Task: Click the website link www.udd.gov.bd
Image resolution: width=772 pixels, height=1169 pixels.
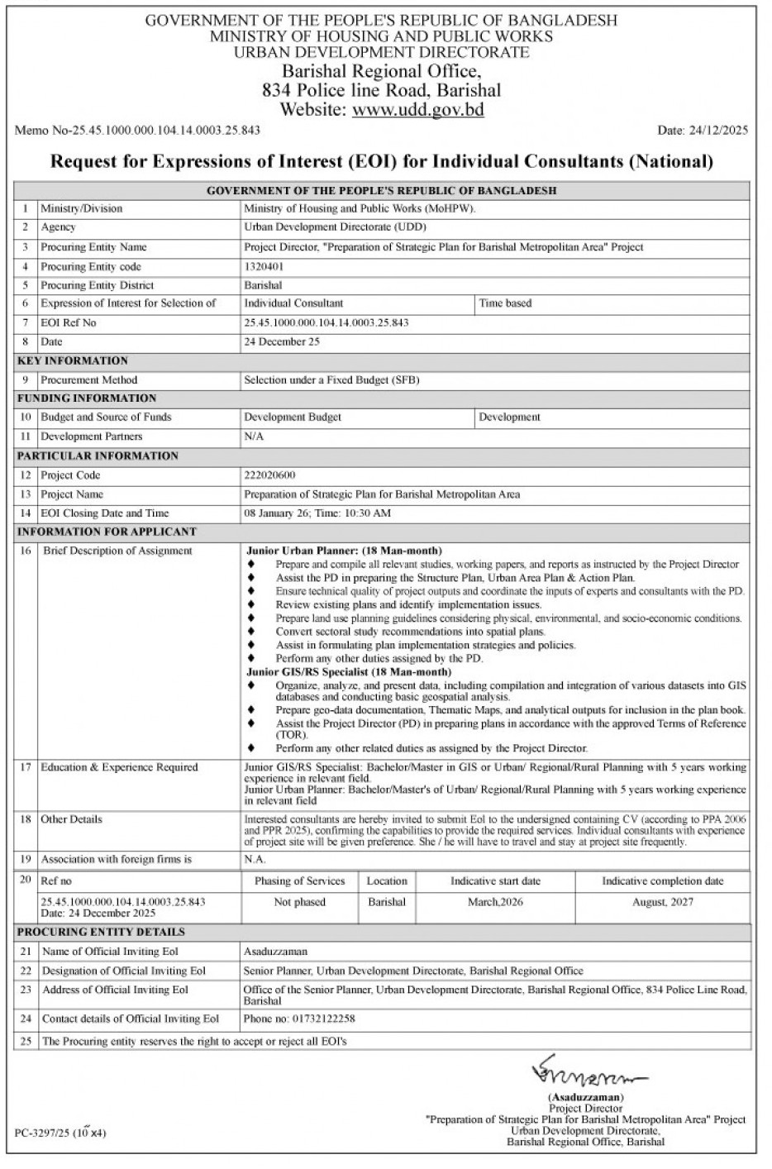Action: click(x=417, y=110)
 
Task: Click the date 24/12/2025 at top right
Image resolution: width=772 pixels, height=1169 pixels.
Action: click(x=703, y=131)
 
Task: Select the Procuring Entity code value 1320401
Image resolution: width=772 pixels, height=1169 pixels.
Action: click(x=264, y=267)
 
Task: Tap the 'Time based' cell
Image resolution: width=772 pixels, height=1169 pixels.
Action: click(x=505, y=303)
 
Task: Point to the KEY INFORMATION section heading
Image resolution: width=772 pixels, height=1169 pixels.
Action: click(x=73, y=360)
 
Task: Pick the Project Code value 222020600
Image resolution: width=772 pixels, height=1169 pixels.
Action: click(x=269, y=475)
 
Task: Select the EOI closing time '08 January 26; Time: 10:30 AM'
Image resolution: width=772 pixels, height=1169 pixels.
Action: click(x=317, y=513)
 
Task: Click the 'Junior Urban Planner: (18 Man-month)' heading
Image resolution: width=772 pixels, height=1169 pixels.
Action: click(x=344, y=551)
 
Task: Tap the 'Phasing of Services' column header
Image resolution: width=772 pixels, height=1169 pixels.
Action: click(x=299, y=881)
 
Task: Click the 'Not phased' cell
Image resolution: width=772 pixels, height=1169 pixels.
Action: click(x=299, y=902)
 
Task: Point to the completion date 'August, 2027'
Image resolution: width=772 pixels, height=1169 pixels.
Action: click(x=662, y=902)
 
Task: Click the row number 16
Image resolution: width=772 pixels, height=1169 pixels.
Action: click(x=26, y=551)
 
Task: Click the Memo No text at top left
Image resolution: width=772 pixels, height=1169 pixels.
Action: click(x=138, y=131)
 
